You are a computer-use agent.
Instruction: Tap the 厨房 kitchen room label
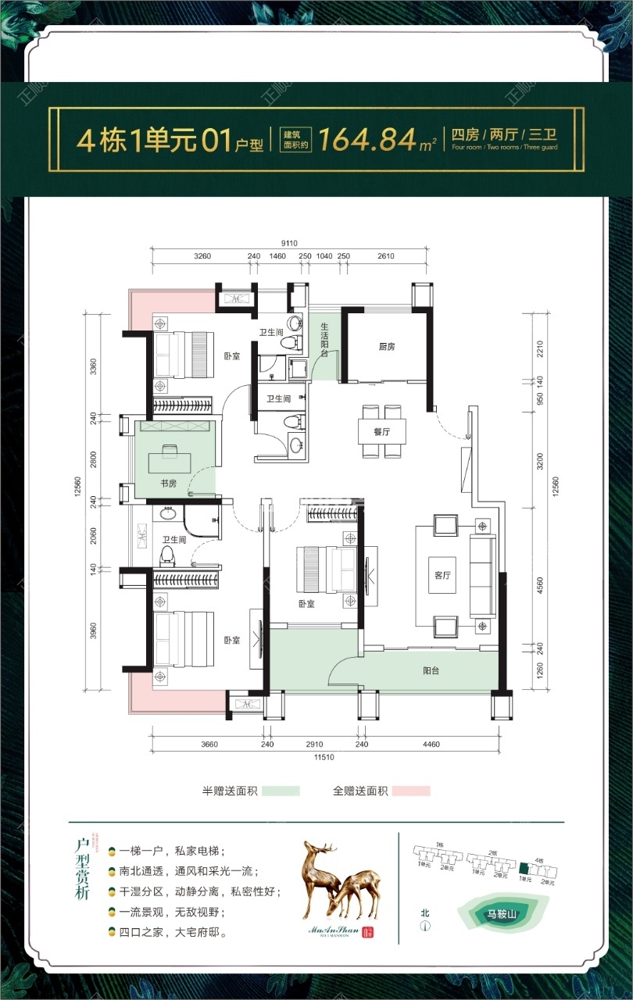pos(386,346)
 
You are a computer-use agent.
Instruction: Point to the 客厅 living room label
pos(442,575)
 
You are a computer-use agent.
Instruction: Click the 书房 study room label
pos(168,484)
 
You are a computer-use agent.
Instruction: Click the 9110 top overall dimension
pos(291,242)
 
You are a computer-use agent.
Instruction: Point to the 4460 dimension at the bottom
pos(431,745)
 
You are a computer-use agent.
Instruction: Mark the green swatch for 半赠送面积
pos(281,791)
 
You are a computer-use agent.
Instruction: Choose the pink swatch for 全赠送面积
pos(411,791)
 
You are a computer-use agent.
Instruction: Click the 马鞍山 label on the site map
pos(504,912)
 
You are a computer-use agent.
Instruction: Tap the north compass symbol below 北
pos(425,928)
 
